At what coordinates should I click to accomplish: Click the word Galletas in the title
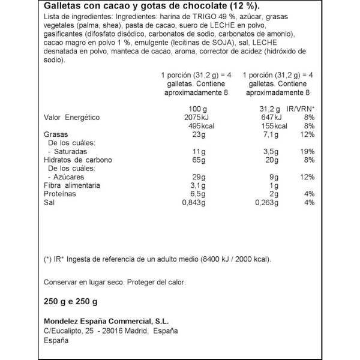pos(63,8)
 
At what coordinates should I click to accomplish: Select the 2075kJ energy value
pos(193,117)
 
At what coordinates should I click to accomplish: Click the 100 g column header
pos(197,108)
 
